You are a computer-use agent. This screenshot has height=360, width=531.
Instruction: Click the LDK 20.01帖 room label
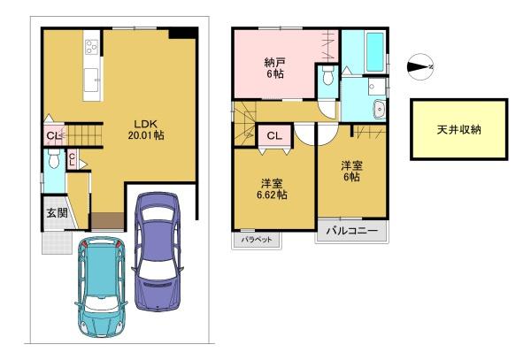pos(146,130)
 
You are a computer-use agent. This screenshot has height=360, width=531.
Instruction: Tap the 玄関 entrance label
pos(57,213)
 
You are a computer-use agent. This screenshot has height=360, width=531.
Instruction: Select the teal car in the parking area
pos(101,287)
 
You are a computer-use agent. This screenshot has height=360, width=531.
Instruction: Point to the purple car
pos(158,251)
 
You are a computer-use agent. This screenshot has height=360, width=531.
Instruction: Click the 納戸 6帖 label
pos(274,68)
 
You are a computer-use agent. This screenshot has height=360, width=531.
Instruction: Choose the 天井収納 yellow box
pos(458,129)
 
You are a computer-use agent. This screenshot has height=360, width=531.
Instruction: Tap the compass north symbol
pos(420,66)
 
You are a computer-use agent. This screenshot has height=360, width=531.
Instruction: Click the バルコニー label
pos(352,231)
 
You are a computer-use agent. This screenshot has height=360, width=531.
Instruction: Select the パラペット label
pos(257,240)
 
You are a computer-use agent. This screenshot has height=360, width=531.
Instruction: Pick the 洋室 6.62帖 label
pos(274,189)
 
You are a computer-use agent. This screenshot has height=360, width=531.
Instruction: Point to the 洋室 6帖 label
pos(351,172)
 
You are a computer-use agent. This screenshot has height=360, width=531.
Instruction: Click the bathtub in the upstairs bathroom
pos(375,51)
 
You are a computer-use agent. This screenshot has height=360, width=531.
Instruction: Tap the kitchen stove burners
pos(91,47)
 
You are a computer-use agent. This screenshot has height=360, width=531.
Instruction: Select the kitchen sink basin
pos(91,80)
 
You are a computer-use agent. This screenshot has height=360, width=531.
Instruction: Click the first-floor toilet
pos(54,159)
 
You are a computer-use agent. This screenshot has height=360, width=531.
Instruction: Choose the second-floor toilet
pos(328,75)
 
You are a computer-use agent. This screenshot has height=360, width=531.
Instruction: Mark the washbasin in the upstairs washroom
pos(380,110)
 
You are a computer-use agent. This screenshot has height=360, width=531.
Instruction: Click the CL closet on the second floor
pos(274,136)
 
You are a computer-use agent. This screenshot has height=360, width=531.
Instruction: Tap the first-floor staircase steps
pos(84,135)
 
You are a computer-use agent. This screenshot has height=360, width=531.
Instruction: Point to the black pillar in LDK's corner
pos(182,33)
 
